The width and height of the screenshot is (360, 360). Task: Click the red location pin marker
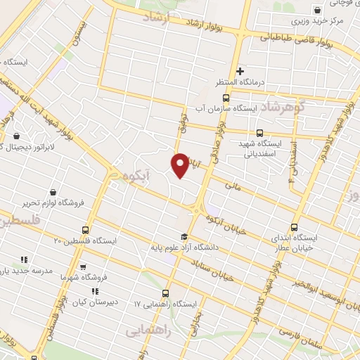[180, 165]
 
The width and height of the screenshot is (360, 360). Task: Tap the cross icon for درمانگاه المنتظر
[240, 70]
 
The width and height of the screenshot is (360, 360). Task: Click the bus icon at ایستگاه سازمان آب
[226, 98]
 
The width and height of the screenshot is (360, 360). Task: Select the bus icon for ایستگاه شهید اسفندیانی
[259, 133]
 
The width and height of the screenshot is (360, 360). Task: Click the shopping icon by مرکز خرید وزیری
[318, 10]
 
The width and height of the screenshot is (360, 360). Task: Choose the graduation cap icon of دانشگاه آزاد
[184, 237]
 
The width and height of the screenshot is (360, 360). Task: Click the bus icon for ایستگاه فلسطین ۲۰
[86, 230]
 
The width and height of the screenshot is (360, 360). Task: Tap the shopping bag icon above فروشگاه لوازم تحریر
[53, 192]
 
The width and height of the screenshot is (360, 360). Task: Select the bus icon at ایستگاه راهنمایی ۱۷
[166, 294]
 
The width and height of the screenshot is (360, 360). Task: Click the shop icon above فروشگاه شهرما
[83, 268]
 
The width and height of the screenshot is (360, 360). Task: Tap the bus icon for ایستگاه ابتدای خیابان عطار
[295, 227]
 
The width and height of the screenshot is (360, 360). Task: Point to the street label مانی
[232, 186]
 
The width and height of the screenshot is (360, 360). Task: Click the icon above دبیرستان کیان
[96, 291]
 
